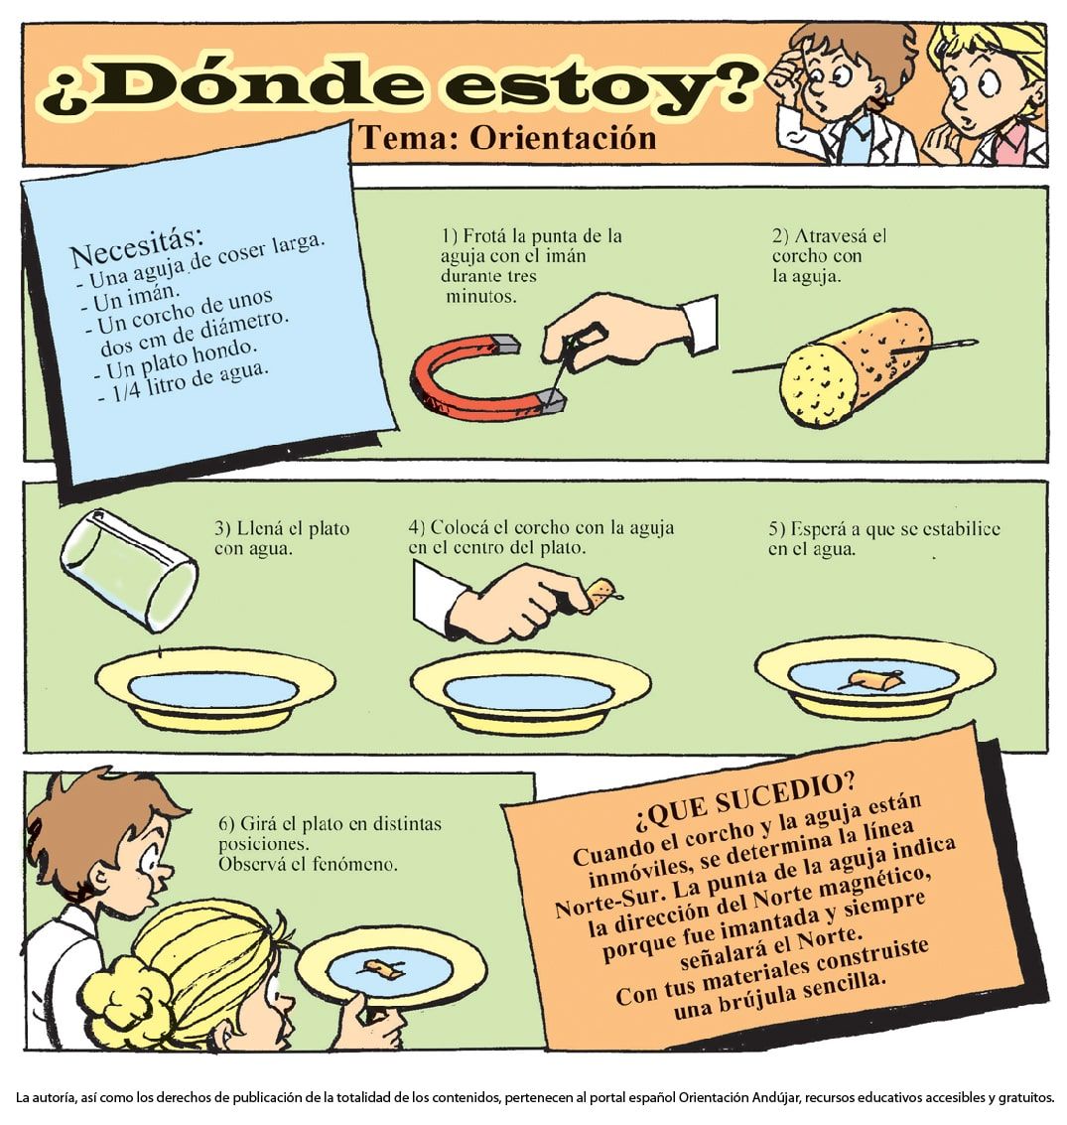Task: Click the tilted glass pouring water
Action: (x=129, y=570)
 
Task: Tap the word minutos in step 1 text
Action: (x=480, y=296)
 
